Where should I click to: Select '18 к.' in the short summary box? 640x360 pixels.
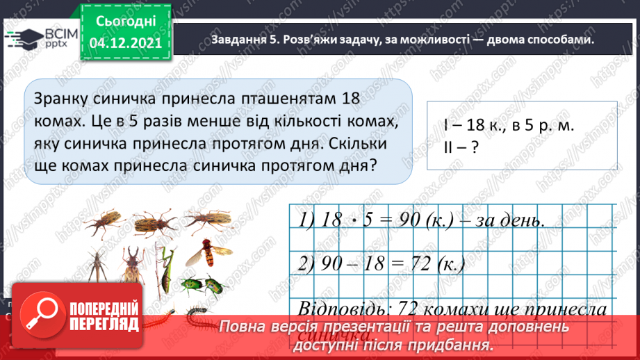point(479,126)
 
